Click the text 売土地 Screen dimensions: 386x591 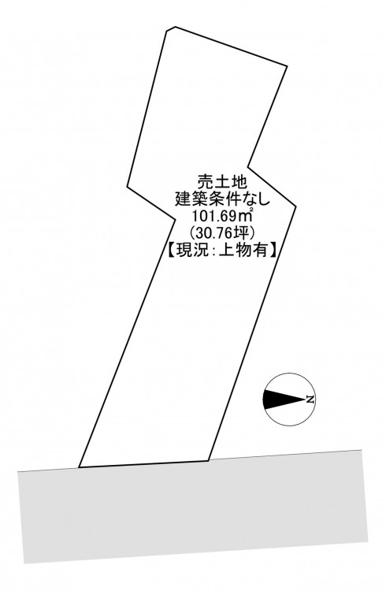(x=222, y=183)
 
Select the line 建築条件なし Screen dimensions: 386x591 (x=222, y=199)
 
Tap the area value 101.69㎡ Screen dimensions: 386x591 (x=222, y=216)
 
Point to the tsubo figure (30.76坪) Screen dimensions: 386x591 (x=222, y=233)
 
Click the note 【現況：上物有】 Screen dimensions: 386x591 (x=222, y=250)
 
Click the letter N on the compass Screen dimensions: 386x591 (x=310, y=400)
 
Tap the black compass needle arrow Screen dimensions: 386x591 (x=284, y=400)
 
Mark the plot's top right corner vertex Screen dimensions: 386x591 (x=288, y=66)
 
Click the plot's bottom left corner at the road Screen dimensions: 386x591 (x=79, y=467)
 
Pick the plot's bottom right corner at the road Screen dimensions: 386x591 (x=209, y=460)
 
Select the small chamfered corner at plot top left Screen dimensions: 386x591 (x=170, y=28)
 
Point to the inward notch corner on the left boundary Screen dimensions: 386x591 (x=176, y=218)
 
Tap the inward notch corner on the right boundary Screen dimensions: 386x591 (x=247, y=166)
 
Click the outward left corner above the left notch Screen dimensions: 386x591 (x=128, y=186)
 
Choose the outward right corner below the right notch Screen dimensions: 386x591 (x=295, y=206)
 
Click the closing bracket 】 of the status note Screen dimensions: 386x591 (x=273, y=250)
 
